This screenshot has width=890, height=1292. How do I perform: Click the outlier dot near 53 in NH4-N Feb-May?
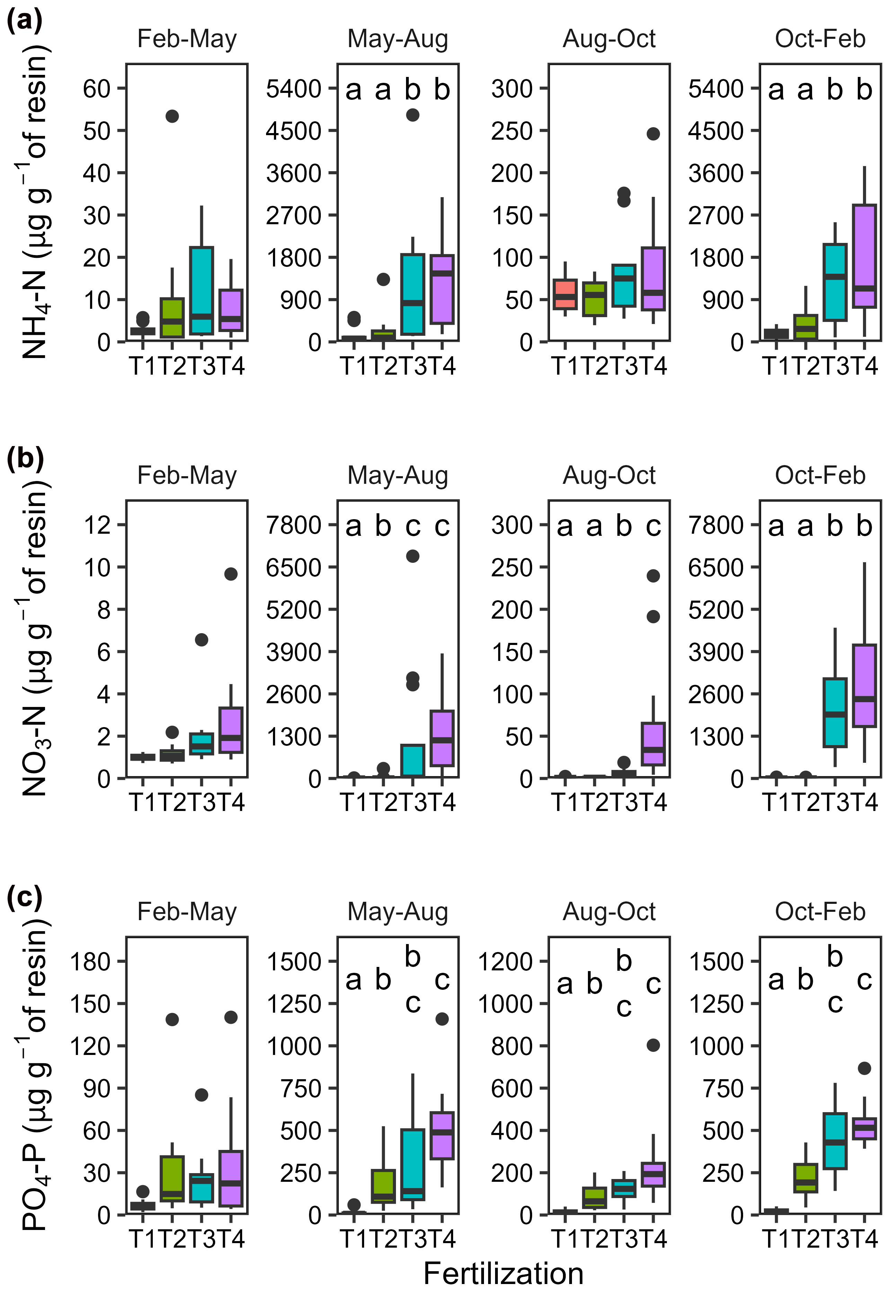[172, 116]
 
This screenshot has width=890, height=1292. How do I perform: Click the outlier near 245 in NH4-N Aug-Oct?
[653, 134]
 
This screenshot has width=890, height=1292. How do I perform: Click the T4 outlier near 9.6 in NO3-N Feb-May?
[231, 574]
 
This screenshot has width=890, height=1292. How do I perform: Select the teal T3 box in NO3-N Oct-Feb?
[835, 713]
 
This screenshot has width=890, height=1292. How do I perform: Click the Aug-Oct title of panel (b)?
[609, 475]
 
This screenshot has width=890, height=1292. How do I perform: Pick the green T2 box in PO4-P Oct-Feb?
[805, 1178]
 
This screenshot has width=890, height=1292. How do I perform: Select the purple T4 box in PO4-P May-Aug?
[442, 1136]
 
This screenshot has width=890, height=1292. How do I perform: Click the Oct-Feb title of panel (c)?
[820, 911]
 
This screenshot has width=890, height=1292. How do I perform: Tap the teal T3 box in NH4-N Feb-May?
[201, 291]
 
